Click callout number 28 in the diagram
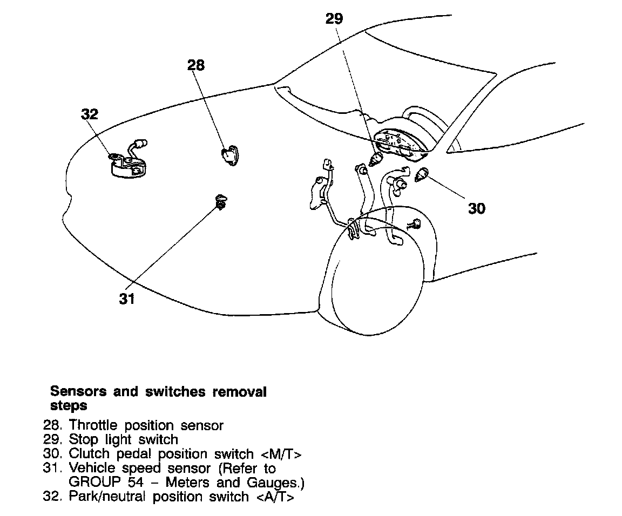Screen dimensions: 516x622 click(196, 65)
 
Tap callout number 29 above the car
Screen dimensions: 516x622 click(334, 19)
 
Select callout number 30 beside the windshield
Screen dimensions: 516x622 click(477, 208)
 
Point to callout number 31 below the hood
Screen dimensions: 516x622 click(127, 298)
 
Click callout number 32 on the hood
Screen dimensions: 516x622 click(90, 114)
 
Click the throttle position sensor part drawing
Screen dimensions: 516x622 click(230, 155)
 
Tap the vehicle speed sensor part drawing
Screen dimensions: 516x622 click(220, 202)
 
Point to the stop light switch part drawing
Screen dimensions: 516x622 click(376, 159)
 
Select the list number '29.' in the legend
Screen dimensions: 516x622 click(53, 440)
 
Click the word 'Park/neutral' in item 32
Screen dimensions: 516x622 click(107, 497)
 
